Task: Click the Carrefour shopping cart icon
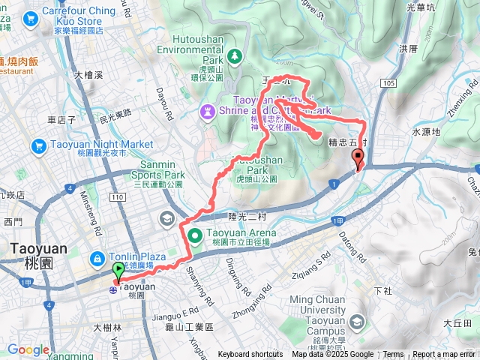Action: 31,17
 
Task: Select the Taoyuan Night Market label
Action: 102,144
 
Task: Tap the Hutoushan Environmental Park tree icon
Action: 235,55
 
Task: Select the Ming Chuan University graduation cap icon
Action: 357,322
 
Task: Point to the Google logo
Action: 28,349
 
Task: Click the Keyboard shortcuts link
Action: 250,355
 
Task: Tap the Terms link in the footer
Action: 393,355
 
